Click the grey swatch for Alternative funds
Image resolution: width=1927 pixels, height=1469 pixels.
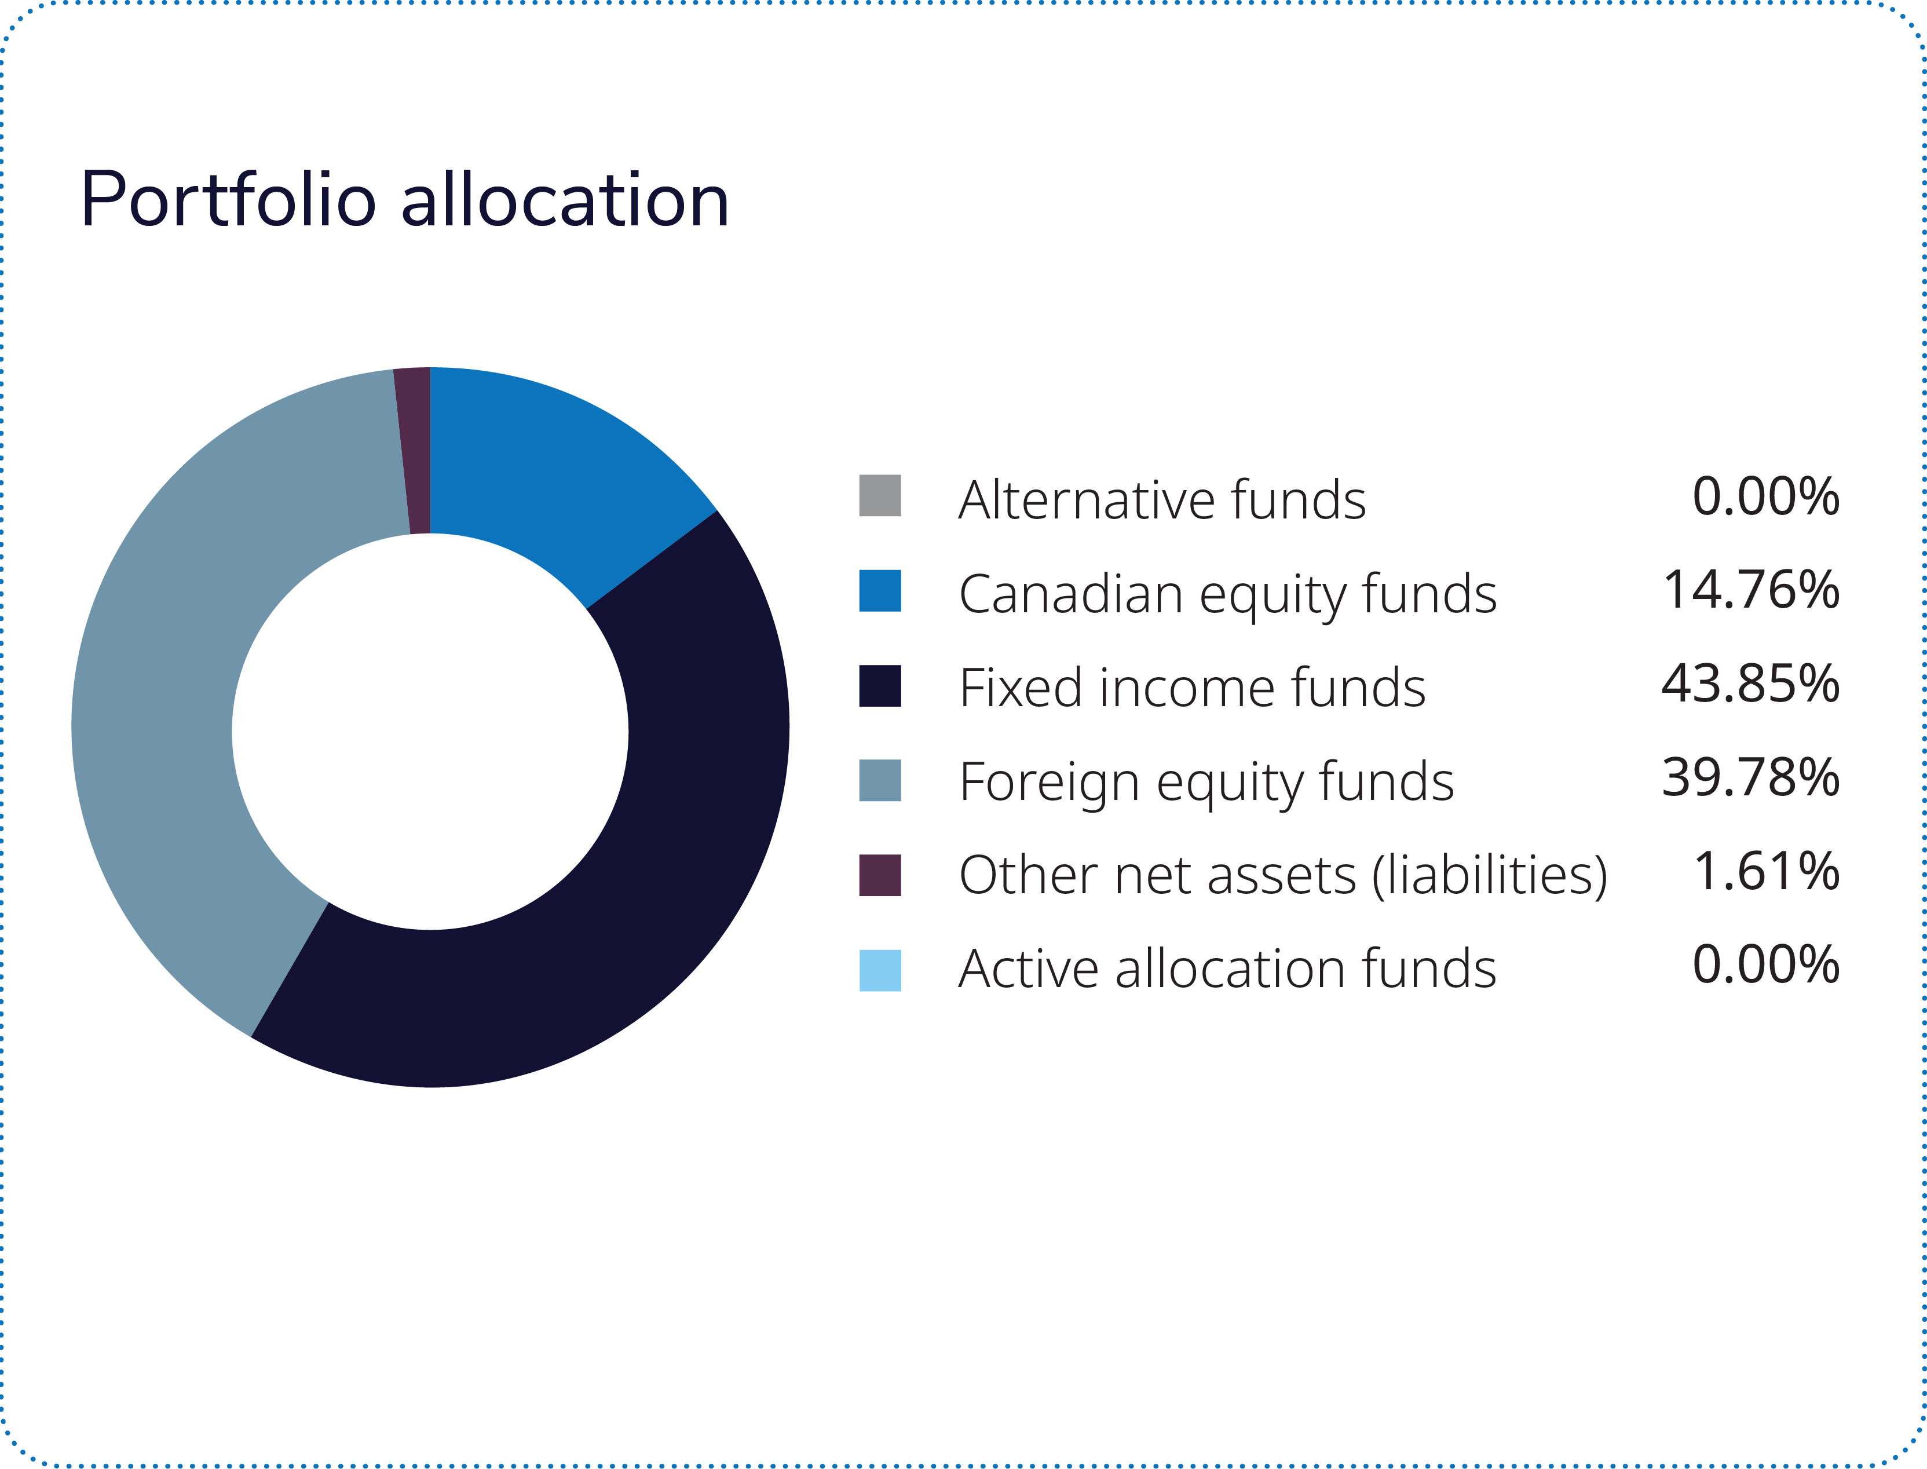coord(880,496)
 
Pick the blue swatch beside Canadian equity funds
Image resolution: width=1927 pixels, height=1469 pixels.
coord(880,590)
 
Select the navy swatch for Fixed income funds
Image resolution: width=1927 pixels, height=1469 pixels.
coord(880,685)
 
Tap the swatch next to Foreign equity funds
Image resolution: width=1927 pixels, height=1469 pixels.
coord(880,780)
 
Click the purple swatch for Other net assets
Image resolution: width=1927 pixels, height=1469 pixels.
coord(880,875)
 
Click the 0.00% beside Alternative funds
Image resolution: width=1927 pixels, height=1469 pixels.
coord(1766,496)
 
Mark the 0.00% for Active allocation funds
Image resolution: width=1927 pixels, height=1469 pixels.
coord(1766,966)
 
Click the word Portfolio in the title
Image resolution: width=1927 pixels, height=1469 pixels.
coord(227,201)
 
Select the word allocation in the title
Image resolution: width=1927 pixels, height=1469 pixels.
coord(565,201)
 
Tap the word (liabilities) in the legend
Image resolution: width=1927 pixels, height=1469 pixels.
coord(1490,876)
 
